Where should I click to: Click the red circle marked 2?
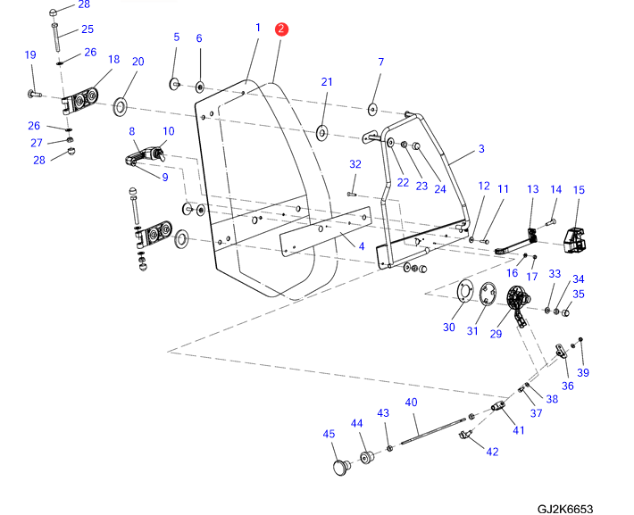pos(281,29)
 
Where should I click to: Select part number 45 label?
pos(329,434)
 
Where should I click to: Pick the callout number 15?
pos(579,190)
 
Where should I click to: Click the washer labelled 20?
pos(121,109)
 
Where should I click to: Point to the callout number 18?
pos(113,60)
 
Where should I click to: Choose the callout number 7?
pos(380,62)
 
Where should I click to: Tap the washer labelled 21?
pos(321,135)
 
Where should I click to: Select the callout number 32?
pos(355,164)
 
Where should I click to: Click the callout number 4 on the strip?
pos(362,245)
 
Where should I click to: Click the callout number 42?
pos(492,452)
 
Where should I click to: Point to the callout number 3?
pos(481,149)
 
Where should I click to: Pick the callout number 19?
pos(29,55)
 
